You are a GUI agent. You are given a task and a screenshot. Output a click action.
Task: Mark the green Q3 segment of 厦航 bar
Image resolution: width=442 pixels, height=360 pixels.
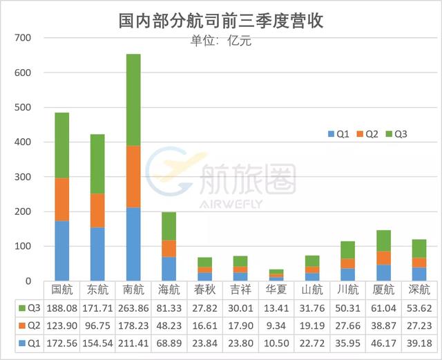click(x=383, y=240)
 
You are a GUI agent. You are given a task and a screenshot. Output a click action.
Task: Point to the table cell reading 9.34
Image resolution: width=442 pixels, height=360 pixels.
click(x=277, y=325)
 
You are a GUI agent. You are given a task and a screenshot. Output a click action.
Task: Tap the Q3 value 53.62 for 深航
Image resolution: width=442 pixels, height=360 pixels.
click(x=419, y=307)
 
